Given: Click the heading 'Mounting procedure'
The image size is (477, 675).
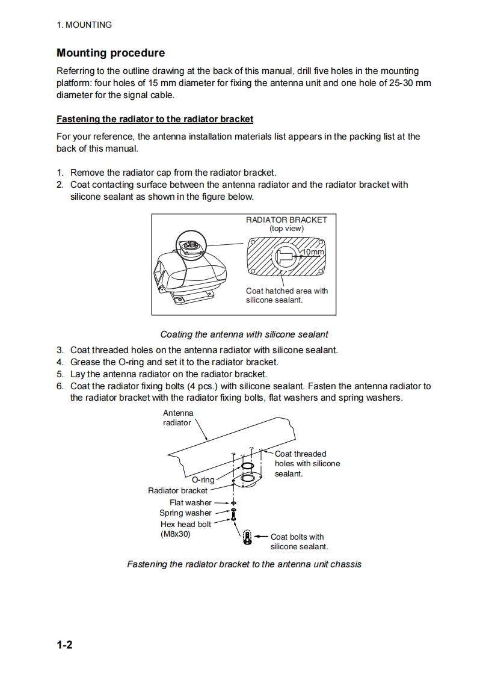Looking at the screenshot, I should (x=111, y=53).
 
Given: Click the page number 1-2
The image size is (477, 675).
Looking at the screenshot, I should (x=65, y=646).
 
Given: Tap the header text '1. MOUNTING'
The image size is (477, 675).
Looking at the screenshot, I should (x=84, y=25).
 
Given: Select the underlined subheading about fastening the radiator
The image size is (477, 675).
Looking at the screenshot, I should (x=155, y=119).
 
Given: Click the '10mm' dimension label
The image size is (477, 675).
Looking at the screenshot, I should (x=313, y=251).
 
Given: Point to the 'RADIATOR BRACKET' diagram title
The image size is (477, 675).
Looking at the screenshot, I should (x=286, y=220).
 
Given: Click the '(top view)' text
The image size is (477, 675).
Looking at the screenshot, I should (x=286, y=229).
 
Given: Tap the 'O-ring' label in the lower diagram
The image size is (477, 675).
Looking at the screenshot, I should (x=203, y=479).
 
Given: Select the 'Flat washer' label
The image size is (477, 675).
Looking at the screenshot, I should (x=191, y=502).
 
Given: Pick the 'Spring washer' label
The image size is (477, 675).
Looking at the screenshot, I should (x=185, y=513).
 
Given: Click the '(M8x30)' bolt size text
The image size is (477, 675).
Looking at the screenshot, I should (x=176, y=534).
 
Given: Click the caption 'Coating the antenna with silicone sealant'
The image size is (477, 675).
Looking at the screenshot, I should (x=244, y=334).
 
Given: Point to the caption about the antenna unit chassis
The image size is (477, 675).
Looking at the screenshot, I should (x=244, y=564).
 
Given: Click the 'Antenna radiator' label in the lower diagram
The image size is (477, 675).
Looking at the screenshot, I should (x=178, y=418).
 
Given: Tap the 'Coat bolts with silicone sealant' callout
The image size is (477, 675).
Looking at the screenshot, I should (x=298, y=541).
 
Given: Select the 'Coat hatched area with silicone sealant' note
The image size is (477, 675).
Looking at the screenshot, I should (x=287, y=295).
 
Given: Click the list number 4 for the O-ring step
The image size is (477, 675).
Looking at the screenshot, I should (x=60, y=362).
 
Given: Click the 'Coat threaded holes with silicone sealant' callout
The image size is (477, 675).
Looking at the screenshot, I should (x=307, y=464).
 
